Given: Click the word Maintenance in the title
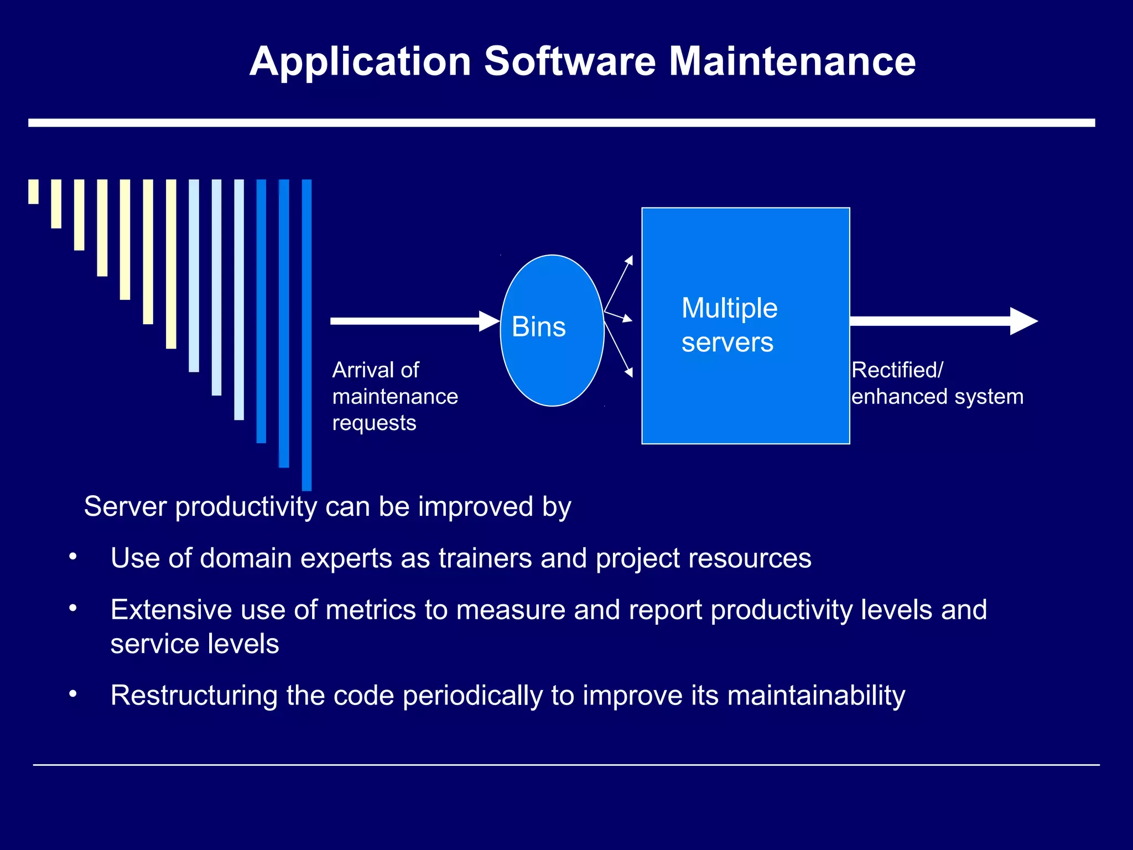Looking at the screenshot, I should pyautogui.click(x=792, y=61).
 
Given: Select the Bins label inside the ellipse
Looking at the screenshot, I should pyautogui.click(x=538, y=326).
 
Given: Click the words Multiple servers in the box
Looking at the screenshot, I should pyautogui.click(x=729, y=325).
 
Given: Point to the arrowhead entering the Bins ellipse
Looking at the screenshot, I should pyautogui.click(x=490, y=321).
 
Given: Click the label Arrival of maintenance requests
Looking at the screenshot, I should pyautogui.click(x=394, y=396).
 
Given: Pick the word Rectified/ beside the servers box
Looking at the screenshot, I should pyautogui.click(x=897, y=370).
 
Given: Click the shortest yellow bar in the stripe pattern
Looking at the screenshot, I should pyautogui.click(x=34, y=191).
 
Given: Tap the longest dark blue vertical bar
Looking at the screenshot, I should pyautogui.click(x=306, y=335).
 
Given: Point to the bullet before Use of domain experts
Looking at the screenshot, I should pyautogui.click(x=72, y=557).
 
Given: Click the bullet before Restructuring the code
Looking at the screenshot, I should pyautogui.click(x=72, y=694).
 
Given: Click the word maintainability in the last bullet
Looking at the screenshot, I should pyautogui.click(x=816, y=695).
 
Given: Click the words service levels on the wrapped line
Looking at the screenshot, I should pyautogui.click(x=195, y=644).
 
